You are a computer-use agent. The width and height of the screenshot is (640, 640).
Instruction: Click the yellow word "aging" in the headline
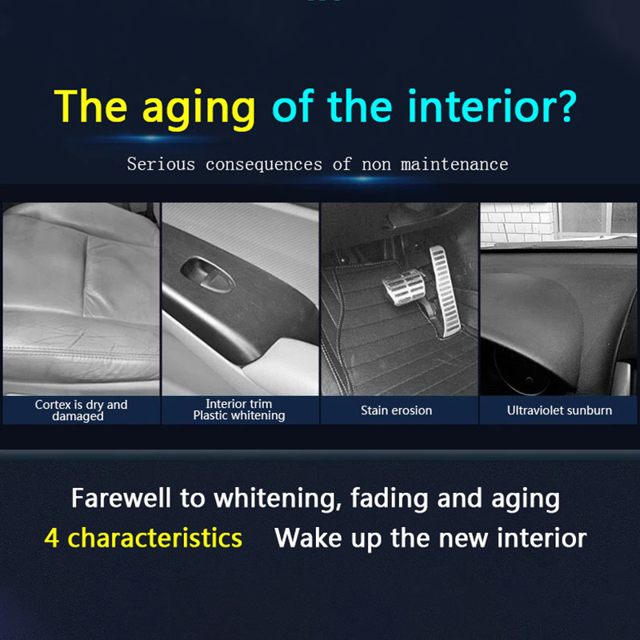198,109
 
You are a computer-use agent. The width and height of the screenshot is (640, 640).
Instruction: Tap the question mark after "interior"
564,106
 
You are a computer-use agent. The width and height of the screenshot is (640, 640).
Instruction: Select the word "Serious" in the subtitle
161,164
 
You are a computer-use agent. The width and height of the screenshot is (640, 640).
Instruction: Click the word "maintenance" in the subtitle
454,164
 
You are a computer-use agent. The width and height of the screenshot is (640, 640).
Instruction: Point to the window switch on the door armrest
207,274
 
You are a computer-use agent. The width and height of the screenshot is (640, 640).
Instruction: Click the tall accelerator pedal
446,291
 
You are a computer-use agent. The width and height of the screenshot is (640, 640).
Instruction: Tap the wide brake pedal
404,287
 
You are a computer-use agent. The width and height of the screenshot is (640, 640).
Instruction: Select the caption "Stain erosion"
396,410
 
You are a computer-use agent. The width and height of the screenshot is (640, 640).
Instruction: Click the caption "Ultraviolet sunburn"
559,410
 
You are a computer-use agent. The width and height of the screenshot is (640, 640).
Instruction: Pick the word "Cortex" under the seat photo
53,405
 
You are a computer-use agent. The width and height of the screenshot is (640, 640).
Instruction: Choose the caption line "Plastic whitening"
239,415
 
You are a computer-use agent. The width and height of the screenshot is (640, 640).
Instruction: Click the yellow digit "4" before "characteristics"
51,538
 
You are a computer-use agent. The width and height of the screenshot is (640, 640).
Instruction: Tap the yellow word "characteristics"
154,538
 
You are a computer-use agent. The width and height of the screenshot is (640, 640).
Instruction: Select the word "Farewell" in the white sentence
121,498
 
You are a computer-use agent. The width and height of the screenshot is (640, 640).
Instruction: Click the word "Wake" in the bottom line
308,538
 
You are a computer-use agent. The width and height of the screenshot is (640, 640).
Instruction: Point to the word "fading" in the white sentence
389,498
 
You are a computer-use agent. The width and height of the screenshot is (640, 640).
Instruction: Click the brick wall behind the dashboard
518,224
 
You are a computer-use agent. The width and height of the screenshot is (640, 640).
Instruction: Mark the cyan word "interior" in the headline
478,106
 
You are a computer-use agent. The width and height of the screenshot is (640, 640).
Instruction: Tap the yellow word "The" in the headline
90,106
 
